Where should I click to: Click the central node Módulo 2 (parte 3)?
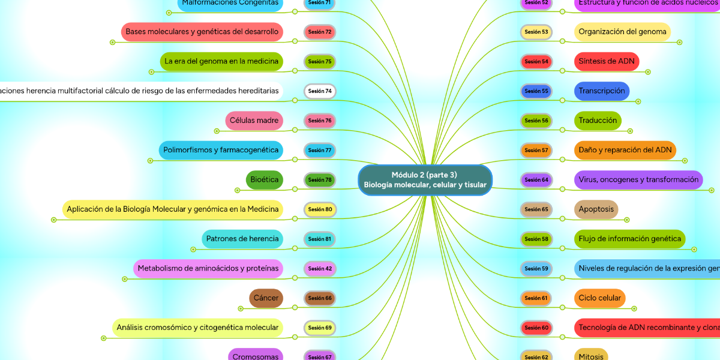(425, 180)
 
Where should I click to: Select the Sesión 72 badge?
(320, 32)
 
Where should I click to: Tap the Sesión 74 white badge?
(320, 91)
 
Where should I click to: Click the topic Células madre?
(254, 121)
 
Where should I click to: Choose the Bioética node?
(265, 179)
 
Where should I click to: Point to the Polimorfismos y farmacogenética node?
(221, 150)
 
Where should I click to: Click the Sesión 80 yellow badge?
(320, 209)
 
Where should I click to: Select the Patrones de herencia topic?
(242, 239)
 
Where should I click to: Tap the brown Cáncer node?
(266, 298)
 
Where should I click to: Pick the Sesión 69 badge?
(320, 328)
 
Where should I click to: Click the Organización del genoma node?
(622, 32)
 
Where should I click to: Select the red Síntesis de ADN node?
(607, 61)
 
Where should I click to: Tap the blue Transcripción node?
(602, 91)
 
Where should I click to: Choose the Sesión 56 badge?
(536, 121)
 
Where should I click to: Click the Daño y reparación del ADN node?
(625, 150)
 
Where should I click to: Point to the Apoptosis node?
(596, 209)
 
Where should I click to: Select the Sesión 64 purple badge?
(536, 179)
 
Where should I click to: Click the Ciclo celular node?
(600, 298)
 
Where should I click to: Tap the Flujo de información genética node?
(630, 239)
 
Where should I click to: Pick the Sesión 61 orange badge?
(536, 298)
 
